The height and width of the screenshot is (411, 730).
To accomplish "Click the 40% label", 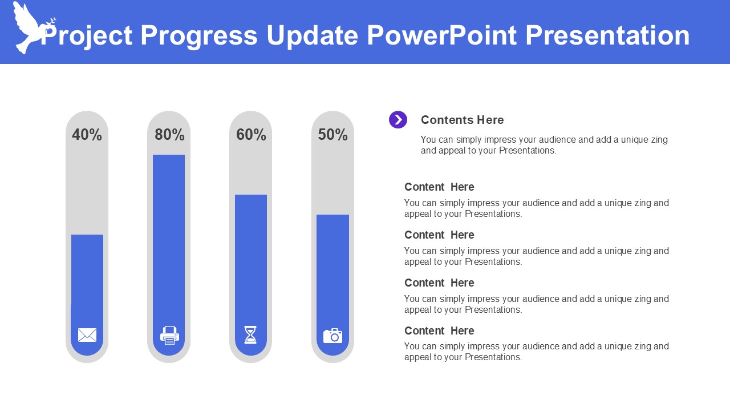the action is point(87,135).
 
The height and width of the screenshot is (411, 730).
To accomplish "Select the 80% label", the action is point(169,135).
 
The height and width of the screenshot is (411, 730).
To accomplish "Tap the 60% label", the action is point(251,135).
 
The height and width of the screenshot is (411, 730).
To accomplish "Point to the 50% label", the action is point(332,135).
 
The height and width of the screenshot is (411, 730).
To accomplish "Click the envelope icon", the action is point(87,335).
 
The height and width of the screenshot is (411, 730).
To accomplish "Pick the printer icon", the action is point(169,335).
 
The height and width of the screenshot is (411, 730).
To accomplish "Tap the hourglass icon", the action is point(250,335).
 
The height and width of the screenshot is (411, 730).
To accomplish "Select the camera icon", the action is point(332,336).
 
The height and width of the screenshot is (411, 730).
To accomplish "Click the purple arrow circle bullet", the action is point(398,120).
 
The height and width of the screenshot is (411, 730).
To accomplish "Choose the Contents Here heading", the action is point(462,120).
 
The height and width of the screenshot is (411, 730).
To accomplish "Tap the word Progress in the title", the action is point(199,36).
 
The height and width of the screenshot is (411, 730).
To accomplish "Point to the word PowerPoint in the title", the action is point(441,35).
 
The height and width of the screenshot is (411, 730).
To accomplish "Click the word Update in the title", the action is point(312,36).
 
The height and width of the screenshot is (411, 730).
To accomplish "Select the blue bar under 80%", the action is point(169,255).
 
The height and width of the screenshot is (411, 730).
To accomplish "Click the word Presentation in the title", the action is point(607,35).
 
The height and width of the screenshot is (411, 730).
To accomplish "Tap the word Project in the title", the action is point(86,37).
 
